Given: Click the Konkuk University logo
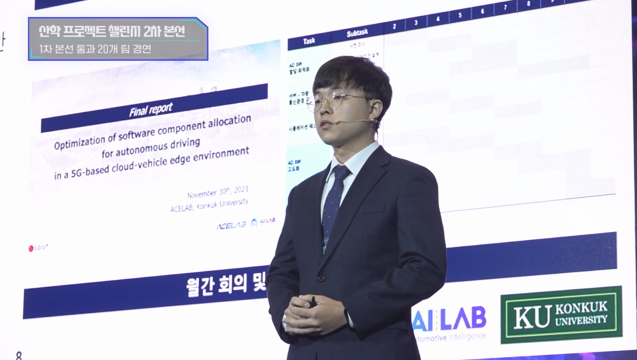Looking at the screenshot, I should (x=561, y=315).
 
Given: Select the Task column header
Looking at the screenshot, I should (x=309, y=41).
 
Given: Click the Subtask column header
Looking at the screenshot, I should (x=357, y=34).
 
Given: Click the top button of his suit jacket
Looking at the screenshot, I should (x=321, y=278).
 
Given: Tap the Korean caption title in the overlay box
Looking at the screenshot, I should (x=112, y=31).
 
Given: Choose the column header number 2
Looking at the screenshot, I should (x=394, y=26).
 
